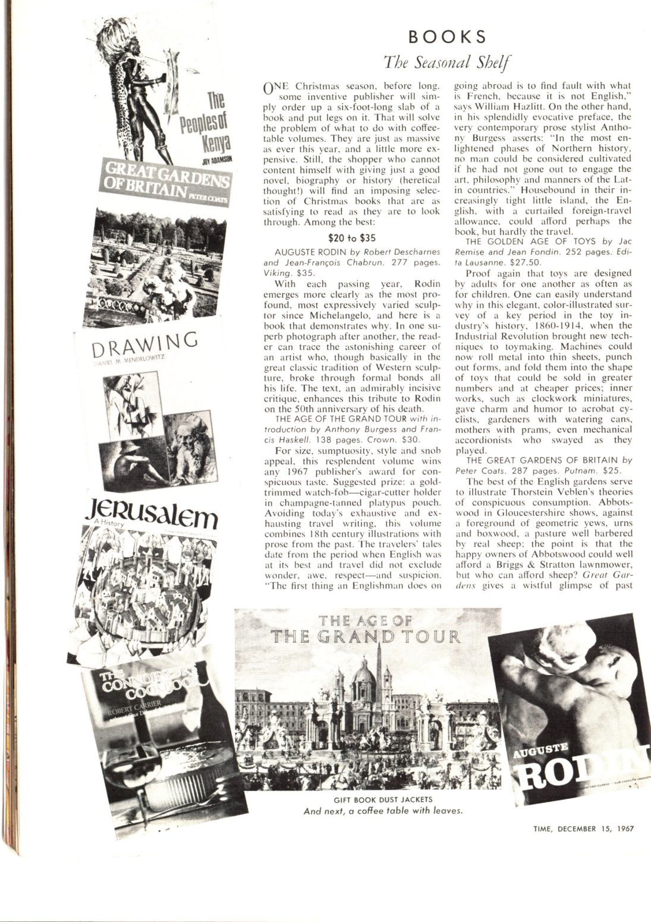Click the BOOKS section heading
[x=447, y=37]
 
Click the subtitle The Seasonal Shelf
[x=447, y=62]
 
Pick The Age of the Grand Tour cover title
[x=366, y=631]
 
